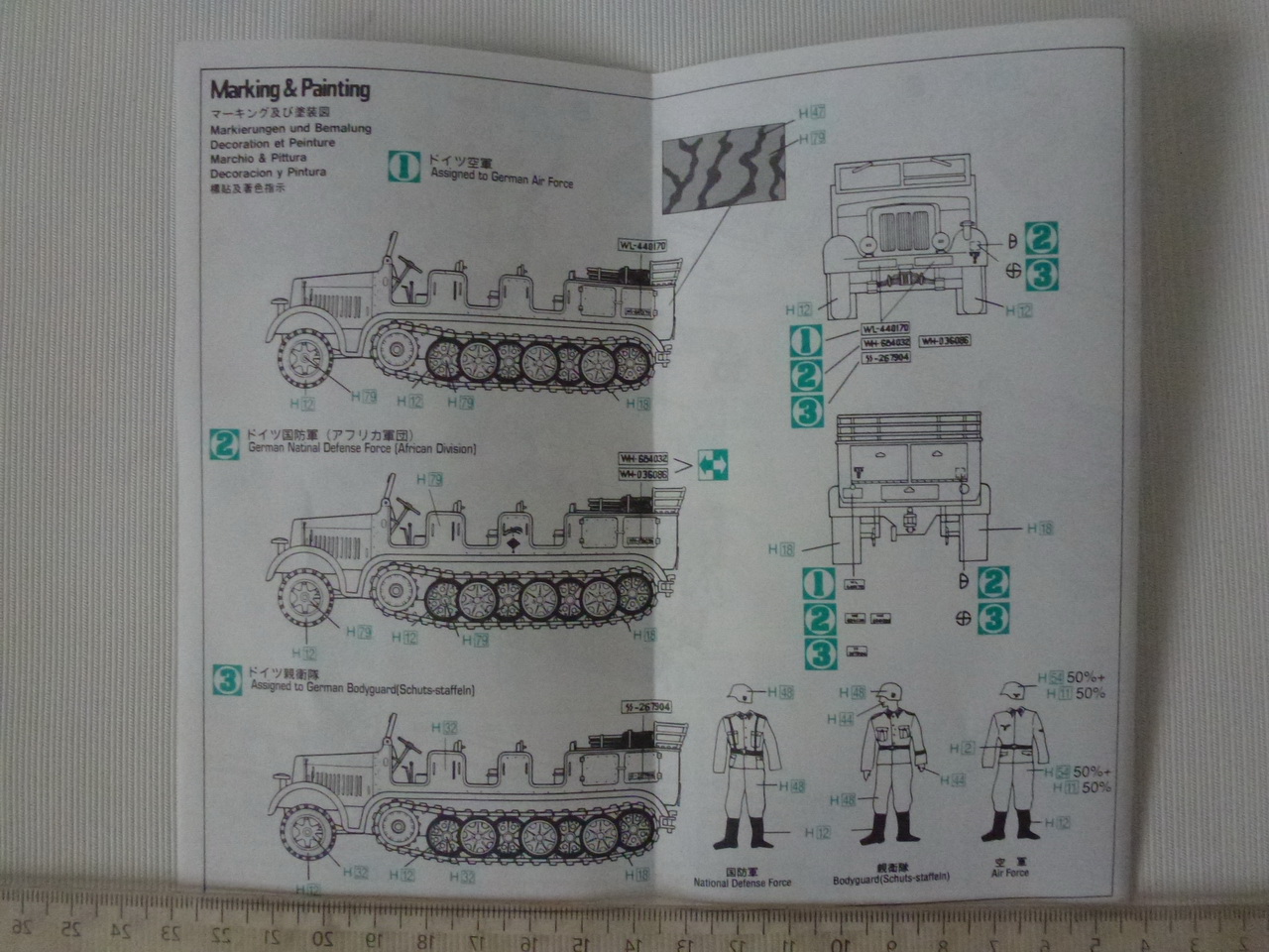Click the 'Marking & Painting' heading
point(289,89)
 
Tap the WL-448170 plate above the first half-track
point(642,245)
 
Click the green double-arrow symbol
point(712,462)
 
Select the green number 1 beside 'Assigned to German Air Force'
point(404,168)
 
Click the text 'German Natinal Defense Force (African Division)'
point(362,448)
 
